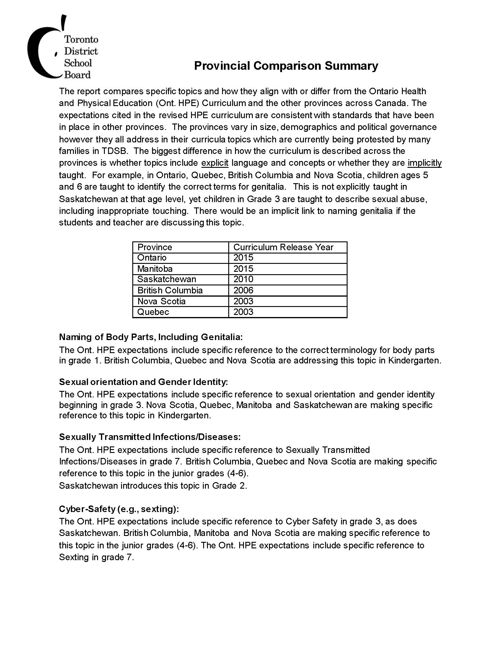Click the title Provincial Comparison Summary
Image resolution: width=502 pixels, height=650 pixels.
coord(286,66)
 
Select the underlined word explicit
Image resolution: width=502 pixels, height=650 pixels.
coord(215,163)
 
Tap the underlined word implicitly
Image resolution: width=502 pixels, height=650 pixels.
coord(424,163)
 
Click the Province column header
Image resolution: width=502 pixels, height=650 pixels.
coord(155,247)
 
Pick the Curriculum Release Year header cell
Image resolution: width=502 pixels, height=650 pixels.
coord(283,247)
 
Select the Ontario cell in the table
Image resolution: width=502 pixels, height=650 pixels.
coord(152,258)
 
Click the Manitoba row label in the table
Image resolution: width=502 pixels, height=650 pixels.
coord(155,269)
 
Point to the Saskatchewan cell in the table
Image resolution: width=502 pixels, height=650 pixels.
coord(167,279)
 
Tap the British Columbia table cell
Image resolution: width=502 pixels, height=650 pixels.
coord(170,290)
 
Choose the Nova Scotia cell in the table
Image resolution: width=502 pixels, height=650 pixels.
coord(161,301)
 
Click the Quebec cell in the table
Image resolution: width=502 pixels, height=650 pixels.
coord(153,312)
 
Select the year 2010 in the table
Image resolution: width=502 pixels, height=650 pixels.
coord(243,279)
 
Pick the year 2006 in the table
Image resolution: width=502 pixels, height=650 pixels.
coord(243,290)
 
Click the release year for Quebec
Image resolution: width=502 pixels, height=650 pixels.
coord(243,312)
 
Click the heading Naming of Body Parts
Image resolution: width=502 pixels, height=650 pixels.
coord(151,337)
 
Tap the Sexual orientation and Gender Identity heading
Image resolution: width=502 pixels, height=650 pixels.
coord(143,382)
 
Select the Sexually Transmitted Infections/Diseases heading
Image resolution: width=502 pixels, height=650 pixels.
coord(150,437)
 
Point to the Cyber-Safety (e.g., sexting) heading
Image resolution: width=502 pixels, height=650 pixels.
coord(119,509)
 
